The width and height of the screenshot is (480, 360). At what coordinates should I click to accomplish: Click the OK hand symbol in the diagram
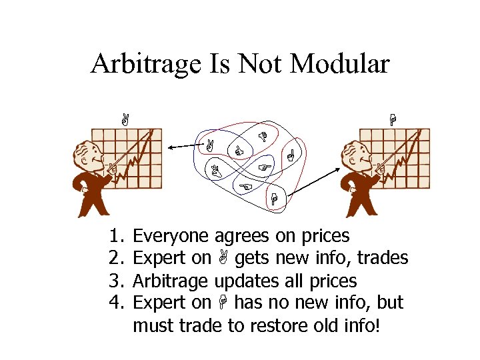point(237,153)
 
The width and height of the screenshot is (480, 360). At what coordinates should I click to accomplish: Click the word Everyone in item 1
point(172,236)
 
